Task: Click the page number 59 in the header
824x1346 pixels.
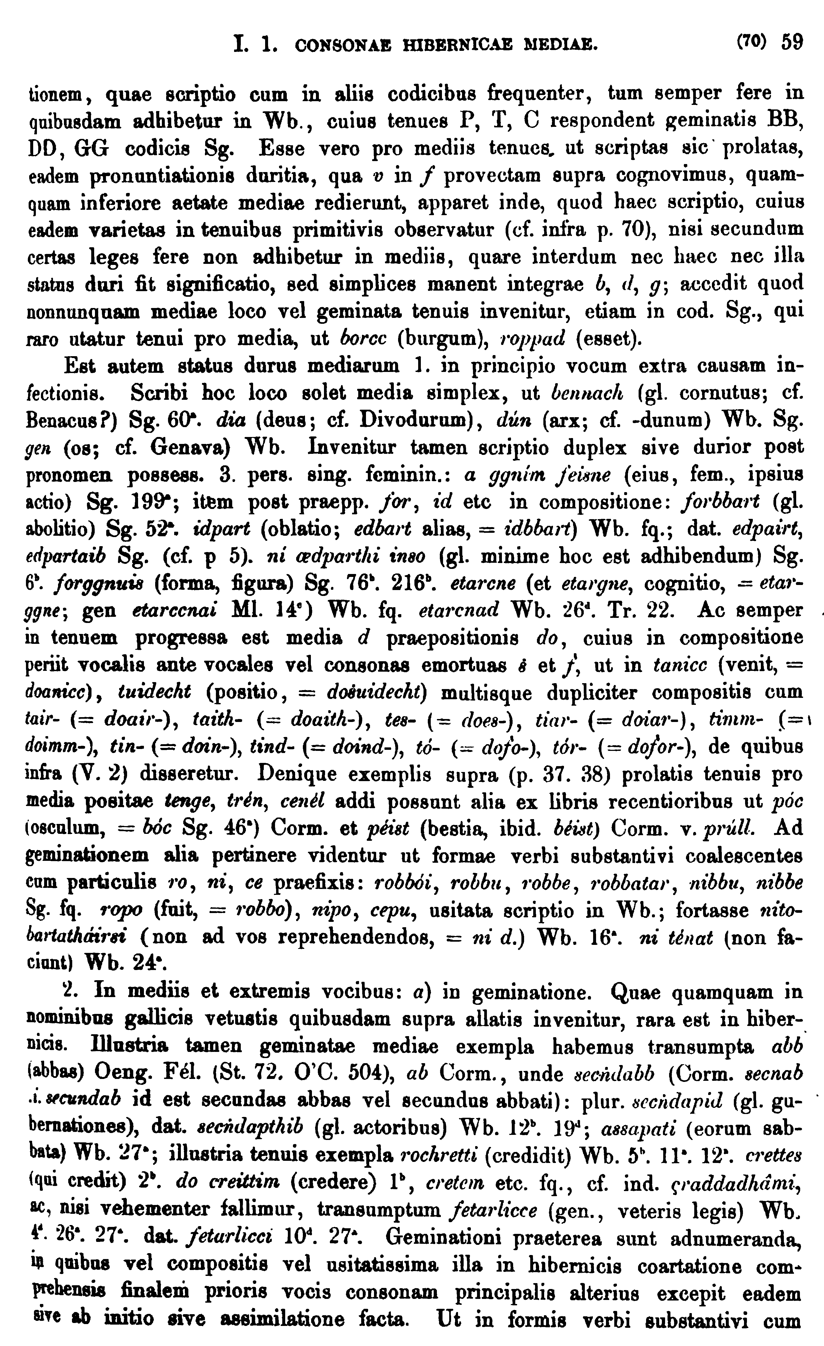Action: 792,42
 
